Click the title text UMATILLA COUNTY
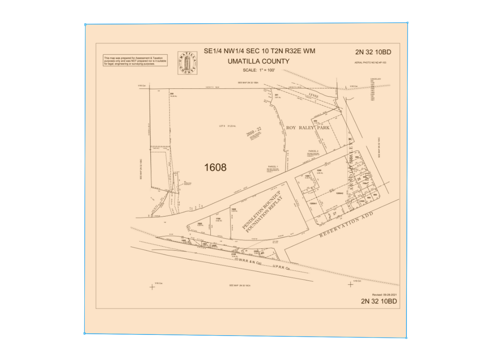(x=259, y=61)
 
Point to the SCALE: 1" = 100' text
(x=259, y=70)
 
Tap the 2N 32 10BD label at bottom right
(x=378, y=301)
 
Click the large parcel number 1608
(x=215, y=167)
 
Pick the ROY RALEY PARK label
(x=308, y=128)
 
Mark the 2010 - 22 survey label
(x=254, y=133)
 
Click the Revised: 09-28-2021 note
(x=384, y=294)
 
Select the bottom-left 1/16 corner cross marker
(x=152, y=286)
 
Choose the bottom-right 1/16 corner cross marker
(x=351, y=284)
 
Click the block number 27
(x=334, y=214)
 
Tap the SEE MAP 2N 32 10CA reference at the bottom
(x=240, y=285)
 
